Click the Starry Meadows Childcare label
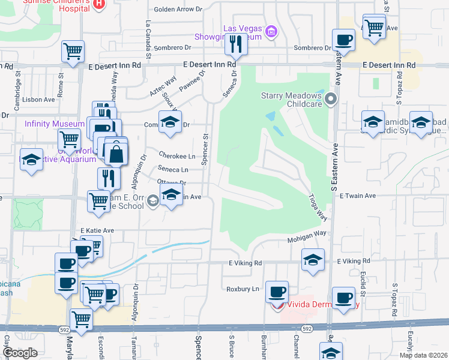coord(292,100)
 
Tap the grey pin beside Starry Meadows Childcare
coord(331,98)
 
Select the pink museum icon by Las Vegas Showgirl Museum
coord(271,31)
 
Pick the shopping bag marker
coord(115,152)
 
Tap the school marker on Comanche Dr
coord(170,123)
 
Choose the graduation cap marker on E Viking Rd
coord(313,260)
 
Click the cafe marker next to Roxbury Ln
coord(277,293)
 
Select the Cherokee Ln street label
coord(176,156)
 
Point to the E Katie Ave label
coord(97,230)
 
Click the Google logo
coord(20,352)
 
